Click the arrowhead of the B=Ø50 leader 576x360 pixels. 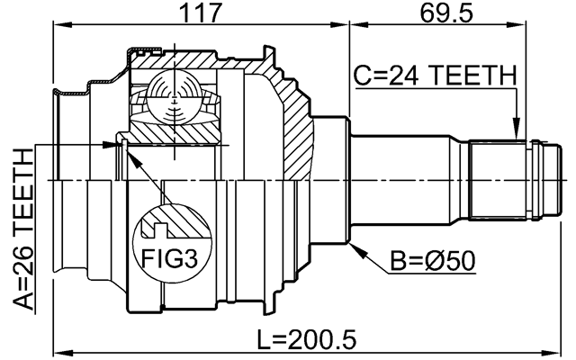(x=354, y=245)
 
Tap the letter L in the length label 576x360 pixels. (x=263, y=339)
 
